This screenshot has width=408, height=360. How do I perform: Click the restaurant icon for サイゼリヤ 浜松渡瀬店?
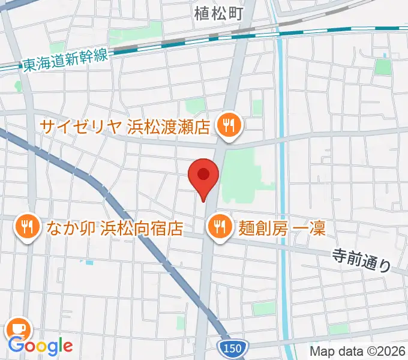coord(229,125)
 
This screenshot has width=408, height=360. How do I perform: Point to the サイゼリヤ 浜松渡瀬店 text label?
coord(125,127)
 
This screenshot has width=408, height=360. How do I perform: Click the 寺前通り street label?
coord(362,261)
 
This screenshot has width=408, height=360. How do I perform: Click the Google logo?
coord(40,346)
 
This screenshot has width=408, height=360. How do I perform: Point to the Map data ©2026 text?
coord(357,351)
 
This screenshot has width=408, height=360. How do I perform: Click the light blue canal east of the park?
coord(282,180)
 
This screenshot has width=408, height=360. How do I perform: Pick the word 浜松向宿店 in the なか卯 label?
coord(142,228)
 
